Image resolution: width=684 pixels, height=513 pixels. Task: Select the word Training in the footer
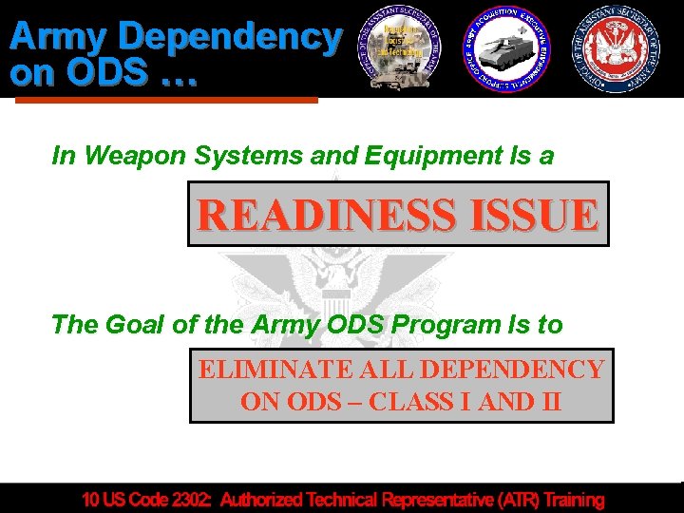(x=567, y=499)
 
